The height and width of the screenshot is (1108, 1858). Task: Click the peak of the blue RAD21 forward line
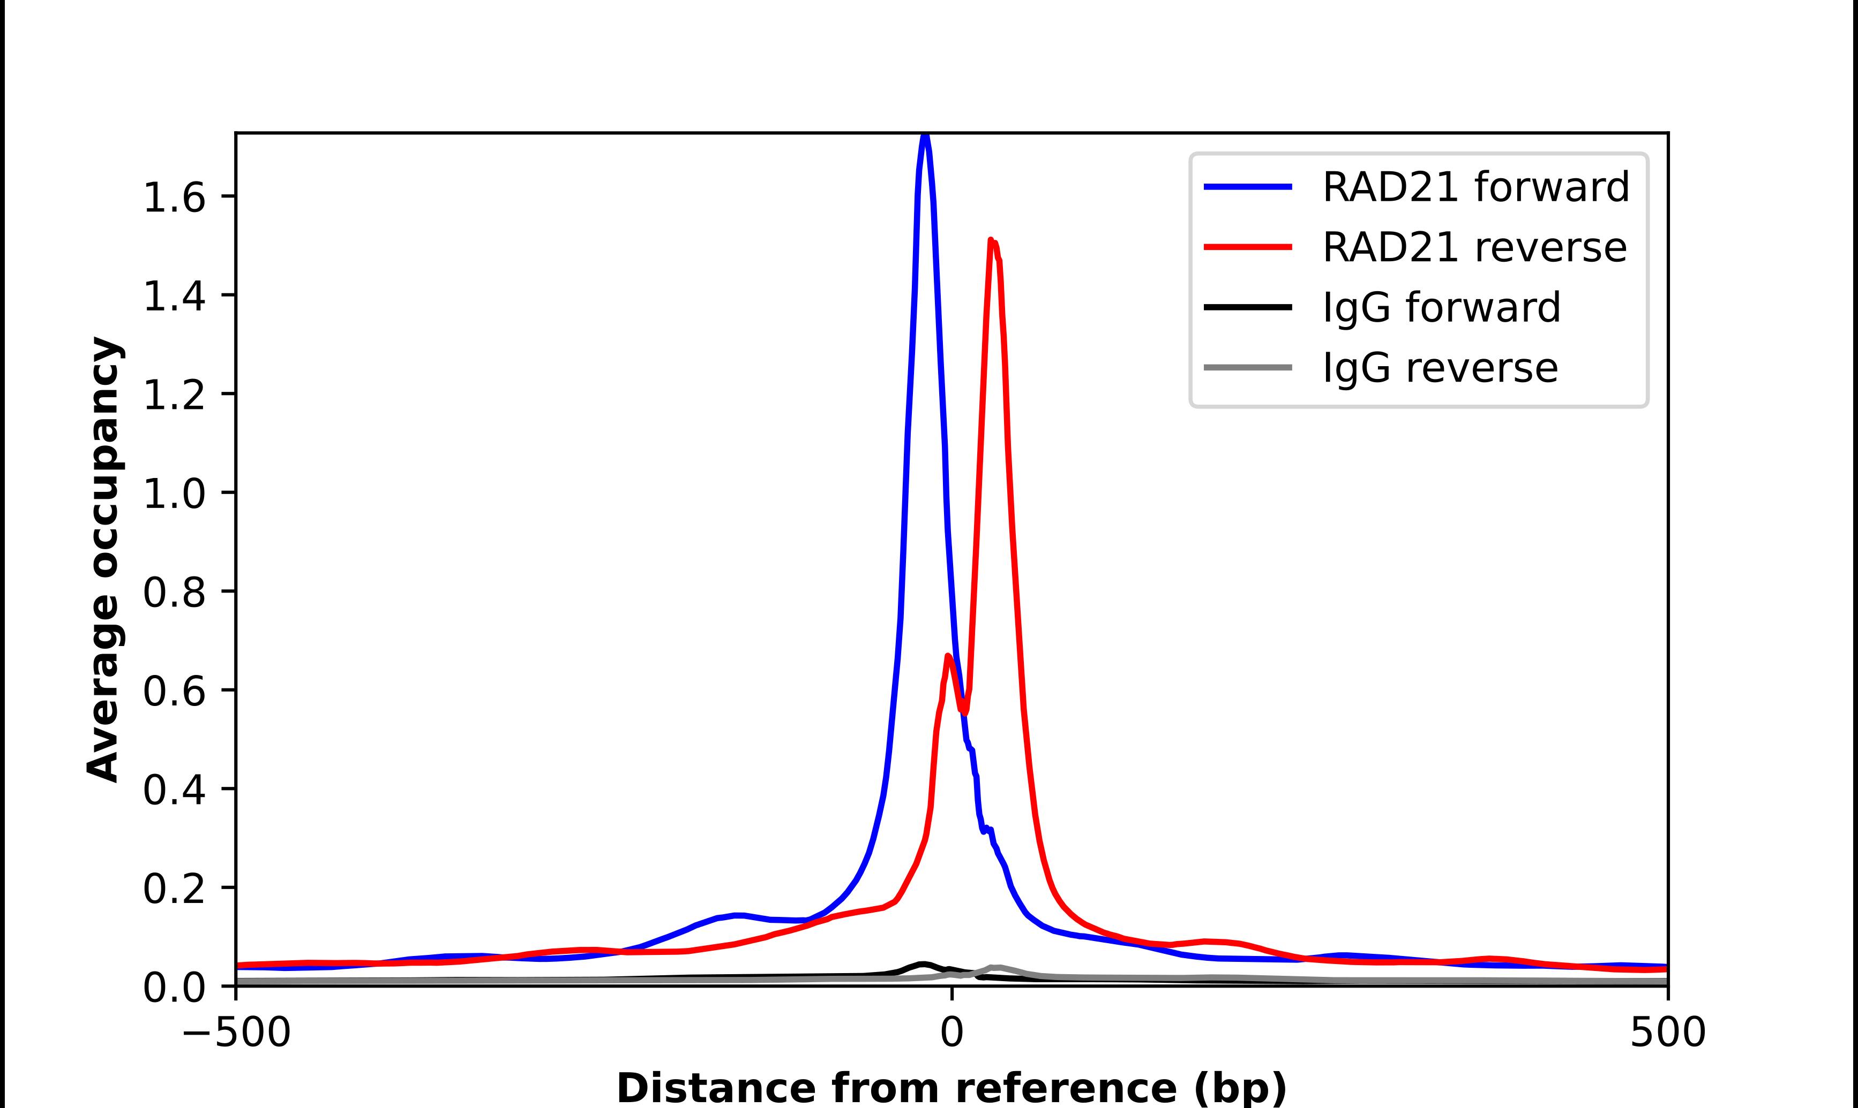click(x=925, y=135)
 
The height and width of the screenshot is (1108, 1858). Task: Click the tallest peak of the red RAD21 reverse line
click(x=991, y=240)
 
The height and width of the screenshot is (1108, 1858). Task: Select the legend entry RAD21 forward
click(x=1475, y=187)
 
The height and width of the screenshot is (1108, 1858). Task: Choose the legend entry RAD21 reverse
click(x=1474, y=247)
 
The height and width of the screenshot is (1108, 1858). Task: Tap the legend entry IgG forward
click(x=1441, y=308)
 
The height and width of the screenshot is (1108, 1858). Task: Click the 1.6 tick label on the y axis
click(x=174, y=198)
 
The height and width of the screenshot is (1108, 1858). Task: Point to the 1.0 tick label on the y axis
click(x=174, y=494)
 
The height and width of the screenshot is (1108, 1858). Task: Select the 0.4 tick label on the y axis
click(x=174, y=790)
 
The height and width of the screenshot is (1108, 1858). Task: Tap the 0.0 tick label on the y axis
click(x=174, y=988)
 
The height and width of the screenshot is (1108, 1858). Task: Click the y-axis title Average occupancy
click(x=103, y=559)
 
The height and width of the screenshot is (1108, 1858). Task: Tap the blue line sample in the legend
click(x=1248, y=187)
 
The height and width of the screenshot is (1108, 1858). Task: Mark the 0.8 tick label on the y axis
click(x=174, y=593)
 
